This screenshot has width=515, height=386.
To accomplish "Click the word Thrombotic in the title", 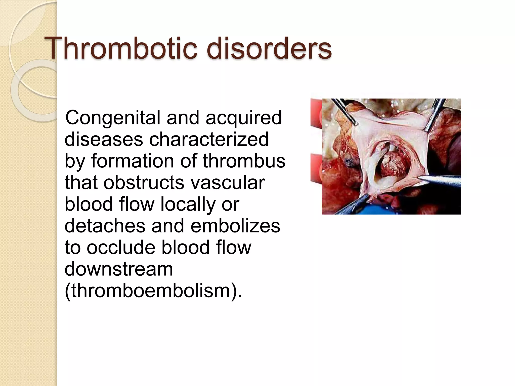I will [121, 48].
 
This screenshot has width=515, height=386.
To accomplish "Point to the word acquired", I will [244, 118].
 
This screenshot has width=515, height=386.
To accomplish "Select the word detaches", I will [105, 226].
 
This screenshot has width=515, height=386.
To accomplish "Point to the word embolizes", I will [235, 226].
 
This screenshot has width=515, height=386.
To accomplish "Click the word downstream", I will [119, 269].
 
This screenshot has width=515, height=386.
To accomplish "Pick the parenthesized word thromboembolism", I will [151, 291].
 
